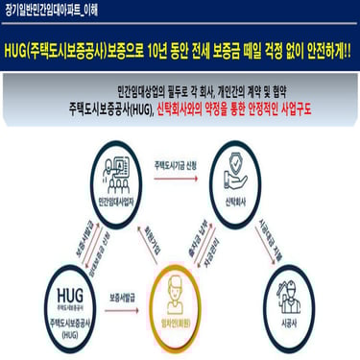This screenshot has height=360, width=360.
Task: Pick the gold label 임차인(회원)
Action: point(176,323)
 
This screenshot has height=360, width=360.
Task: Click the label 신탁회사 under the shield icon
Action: point(233,203)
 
